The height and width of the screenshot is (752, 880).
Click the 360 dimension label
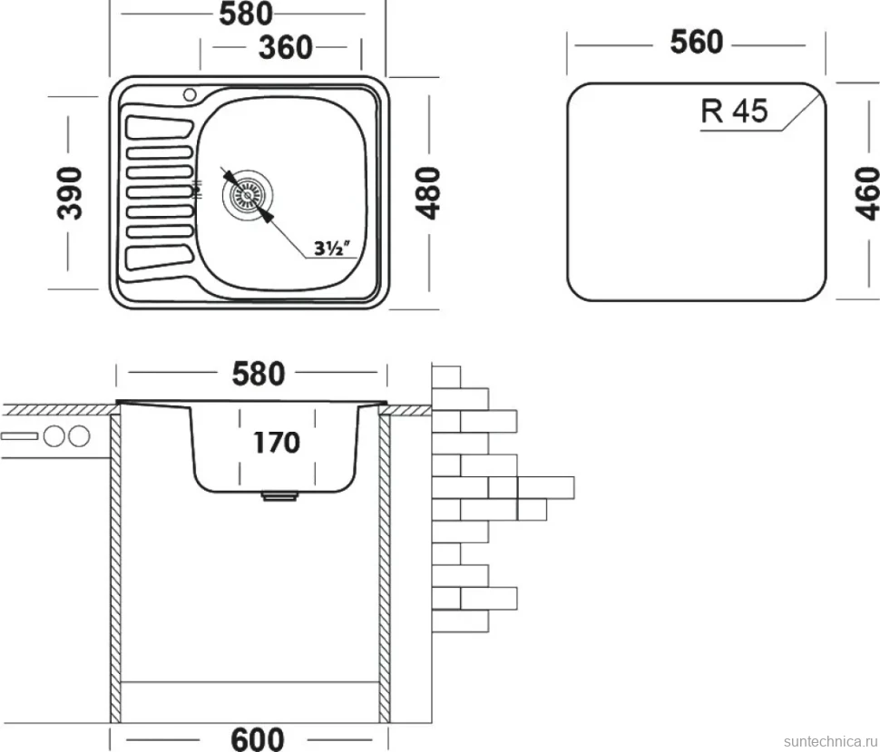click(285, 47)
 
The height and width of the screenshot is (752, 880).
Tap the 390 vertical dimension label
click(71, 192)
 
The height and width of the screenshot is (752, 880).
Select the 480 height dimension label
click(427, 192)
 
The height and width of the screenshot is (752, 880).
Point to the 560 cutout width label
click(697, 42)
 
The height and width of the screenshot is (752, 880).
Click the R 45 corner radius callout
click(734, 111)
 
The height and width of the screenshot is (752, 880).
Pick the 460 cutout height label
click(867, 192)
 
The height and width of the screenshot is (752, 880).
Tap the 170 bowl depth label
click(277, 443)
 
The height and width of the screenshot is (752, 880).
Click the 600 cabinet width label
click(258, 738)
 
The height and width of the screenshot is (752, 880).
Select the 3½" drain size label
click(332, 248)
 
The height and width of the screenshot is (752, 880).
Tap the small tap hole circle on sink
click(190, 93)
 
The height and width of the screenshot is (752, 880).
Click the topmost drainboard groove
click(160, 127)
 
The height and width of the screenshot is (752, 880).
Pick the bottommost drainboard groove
click(160, 258)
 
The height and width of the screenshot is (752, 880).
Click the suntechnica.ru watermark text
click(831, 741)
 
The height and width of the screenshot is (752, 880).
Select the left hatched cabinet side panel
click(115, 568)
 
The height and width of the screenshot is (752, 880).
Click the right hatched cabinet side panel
click(385, 568)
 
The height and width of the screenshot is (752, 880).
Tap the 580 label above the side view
click(259, 373)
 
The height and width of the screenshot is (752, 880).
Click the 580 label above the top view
click(245, 14)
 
